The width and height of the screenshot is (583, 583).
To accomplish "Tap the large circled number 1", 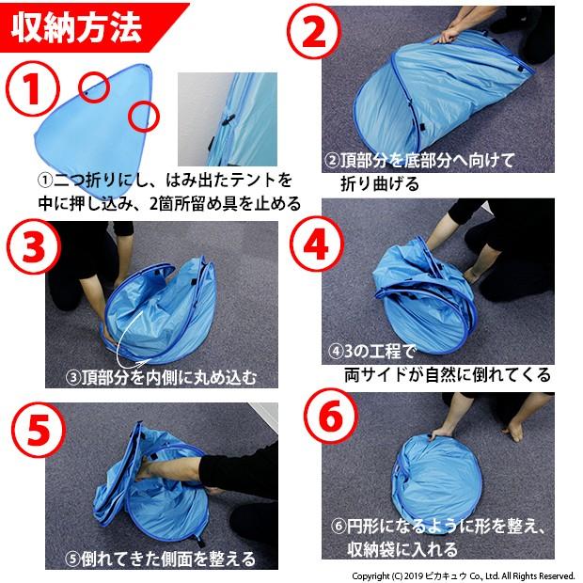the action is (33, 89).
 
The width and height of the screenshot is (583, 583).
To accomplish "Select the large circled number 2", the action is (314, 31).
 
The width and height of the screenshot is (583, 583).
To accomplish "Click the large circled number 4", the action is (317, 245).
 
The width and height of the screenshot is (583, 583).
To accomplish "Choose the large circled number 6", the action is (331, 416).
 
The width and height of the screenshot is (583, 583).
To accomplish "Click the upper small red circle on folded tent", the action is (94, 87).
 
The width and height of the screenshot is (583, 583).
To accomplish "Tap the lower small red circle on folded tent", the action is (144, 117).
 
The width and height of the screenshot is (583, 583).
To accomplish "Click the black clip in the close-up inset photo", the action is (227, 119).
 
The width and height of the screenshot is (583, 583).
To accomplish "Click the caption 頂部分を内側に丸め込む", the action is (162, 377).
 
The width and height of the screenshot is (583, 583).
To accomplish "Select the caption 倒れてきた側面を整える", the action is (161, 559).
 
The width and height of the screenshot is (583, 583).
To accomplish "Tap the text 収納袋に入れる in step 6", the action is (402, 549).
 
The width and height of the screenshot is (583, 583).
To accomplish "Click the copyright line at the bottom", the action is (464, 576).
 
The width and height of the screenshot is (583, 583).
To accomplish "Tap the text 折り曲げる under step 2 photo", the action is (380, 183).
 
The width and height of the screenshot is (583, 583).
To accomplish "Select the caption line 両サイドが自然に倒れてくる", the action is (448, 375).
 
